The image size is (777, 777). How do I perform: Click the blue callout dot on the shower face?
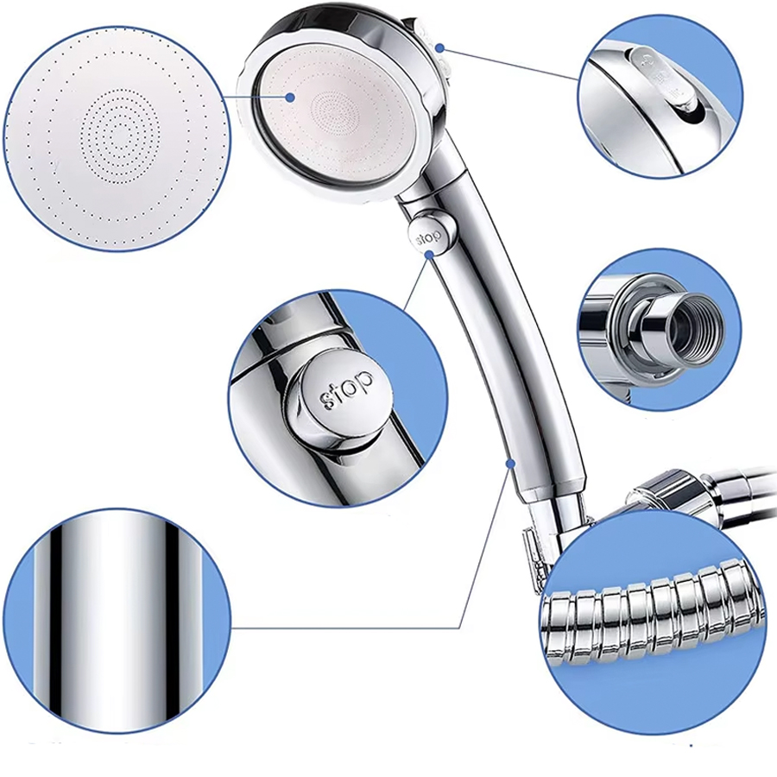(290, 98)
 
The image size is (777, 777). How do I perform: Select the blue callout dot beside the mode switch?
(439, 48)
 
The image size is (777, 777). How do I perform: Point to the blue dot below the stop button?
(430, 254)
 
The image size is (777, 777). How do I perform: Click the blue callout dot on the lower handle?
(510, 464)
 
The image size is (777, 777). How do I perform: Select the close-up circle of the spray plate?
(117, 139)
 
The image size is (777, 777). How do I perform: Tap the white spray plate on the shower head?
(338, 112)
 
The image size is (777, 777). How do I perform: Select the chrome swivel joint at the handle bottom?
(560, 525)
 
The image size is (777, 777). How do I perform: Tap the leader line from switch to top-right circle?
(509, 63)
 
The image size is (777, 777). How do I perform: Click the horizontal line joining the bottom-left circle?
(346, 629)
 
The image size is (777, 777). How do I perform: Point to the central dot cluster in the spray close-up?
(120, 132)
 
